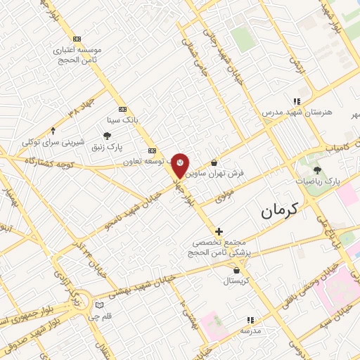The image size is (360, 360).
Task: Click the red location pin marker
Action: pyautogui.click(x=181, y=165)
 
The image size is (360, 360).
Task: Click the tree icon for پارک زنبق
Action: pyautogui.click(x=107, y=136)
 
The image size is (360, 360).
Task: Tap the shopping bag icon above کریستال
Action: pyautogui.click(x=236, y=270)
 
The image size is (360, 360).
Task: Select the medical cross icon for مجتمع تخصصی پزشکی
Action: pyautogui.click(x=219, y=231)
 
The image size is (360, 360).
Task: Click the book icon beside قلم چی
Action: pyautogui.click(x=99, y=305)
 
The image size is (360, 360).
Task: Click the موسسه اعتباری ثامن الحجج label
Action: pyautogui.click(x=77, y=55)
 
